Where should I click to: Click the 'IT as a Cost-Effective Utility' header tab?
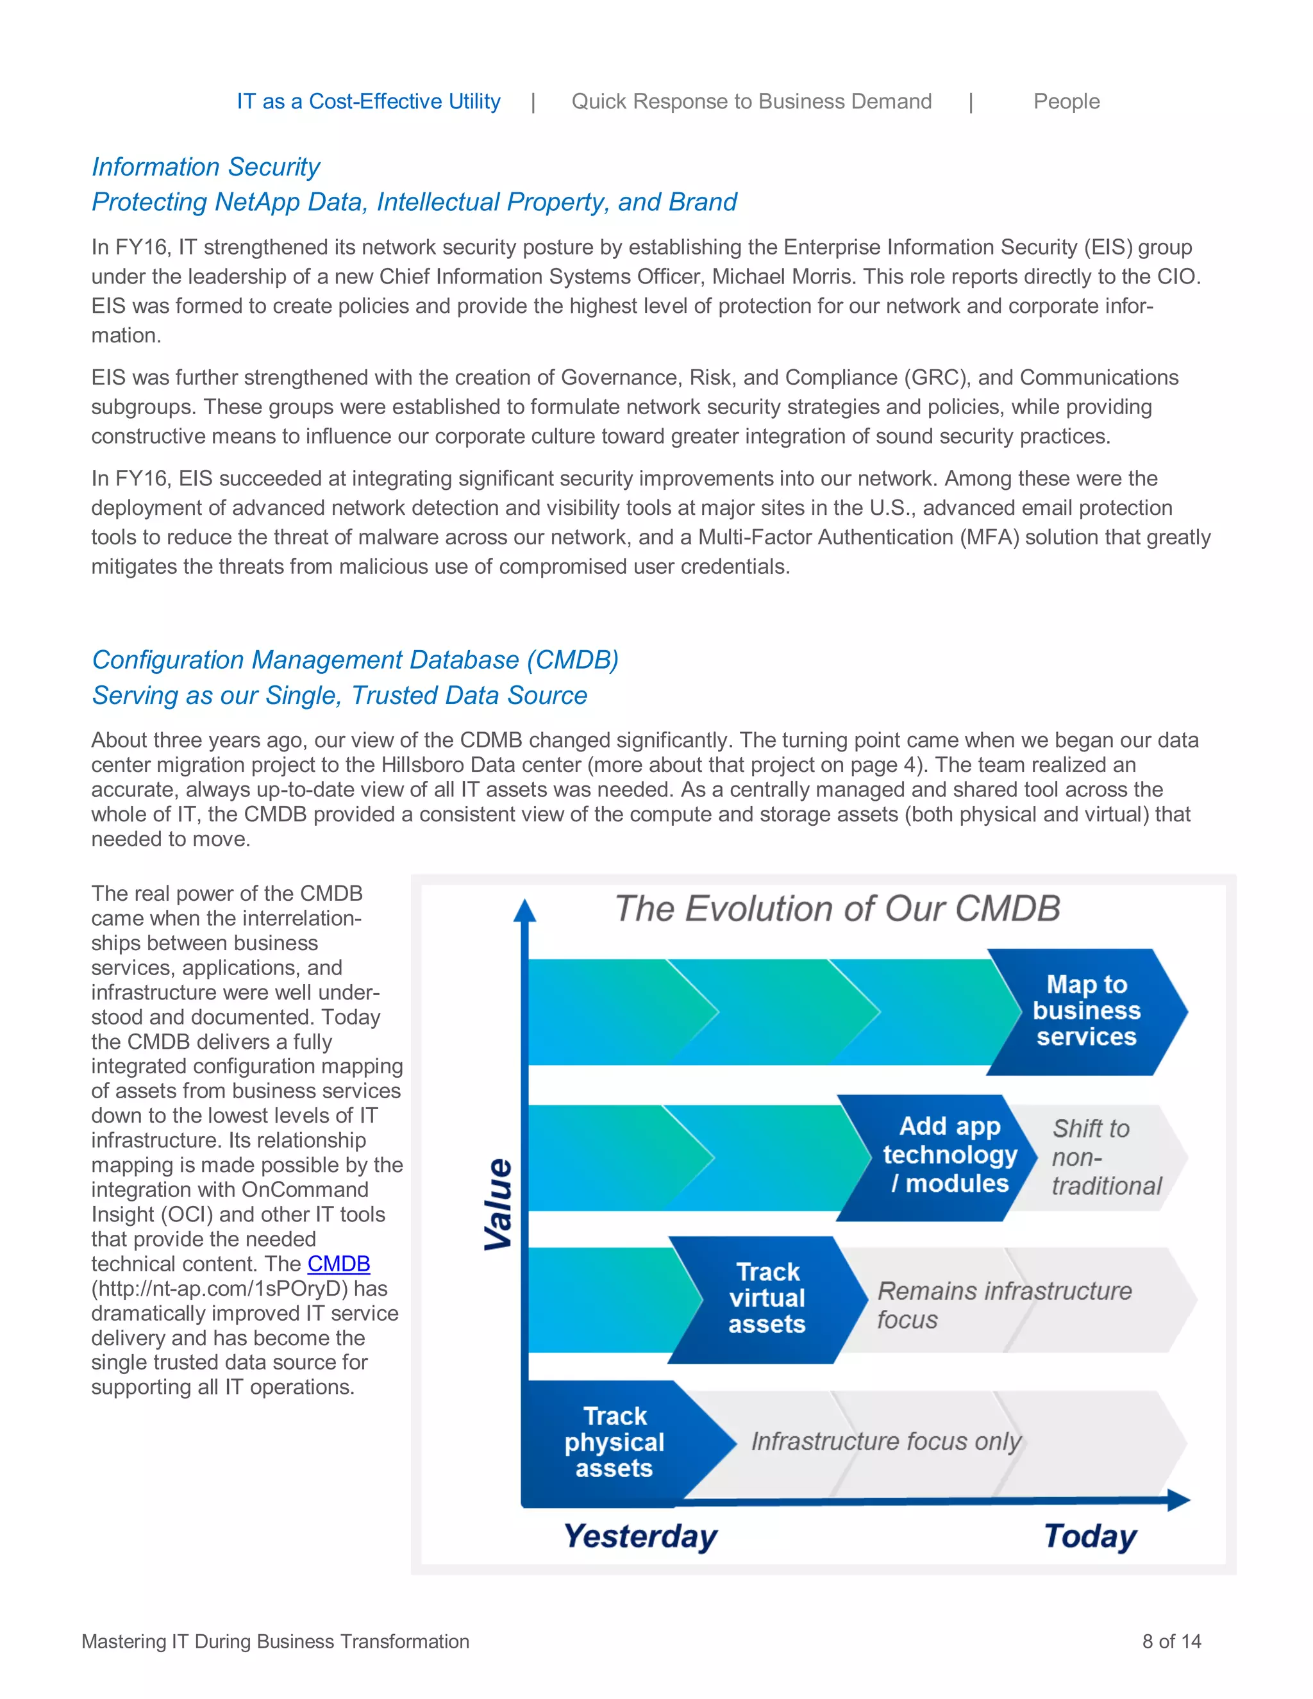(369, 101)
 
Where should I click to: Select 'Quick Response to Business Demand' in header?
(751, 101)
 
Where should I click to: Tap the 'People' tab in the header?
(1066, 101)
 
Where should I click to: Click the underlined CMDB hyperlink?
(339, 1264)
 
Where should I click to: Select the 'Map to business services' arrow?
(1087, 1010)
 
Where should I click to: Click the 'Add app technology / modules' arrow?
(949, 1155)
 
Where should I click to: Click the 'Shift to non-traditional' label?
(1105, 1157)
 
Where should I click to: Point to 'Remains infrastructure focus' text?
(1003, 1305)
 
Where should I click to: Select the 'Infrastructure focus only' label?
(885, 1441)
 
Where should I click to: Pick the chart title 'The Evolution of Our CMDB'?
(837, 908)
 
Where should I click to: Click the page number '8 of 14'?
(1171, 1641)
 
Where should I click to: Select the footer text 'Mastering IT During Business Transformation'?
(275, 1641)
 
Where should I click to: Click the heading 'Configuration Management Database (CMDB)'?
(355, 660)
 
